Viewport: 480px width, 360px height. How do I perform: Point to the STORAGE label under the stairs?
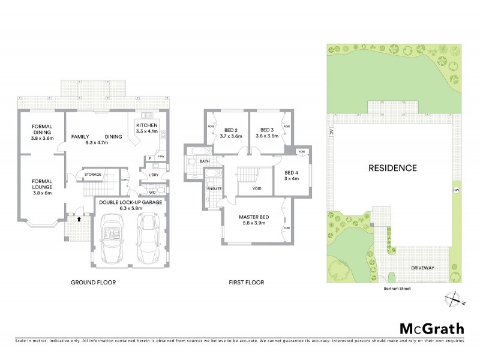(92, 175)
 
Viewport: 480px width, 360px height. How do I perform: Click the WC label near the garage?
(152, 194)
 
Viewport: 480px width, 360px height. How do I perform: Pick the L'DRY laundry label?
(152, 175)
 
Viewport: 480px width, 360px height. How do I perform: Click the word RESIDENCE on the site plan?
(392, 168)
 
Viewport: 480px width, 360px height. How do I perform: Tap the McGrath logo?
(431, 328)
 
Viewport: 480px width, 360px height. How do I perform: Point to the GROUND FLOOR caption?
(93, 282)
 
